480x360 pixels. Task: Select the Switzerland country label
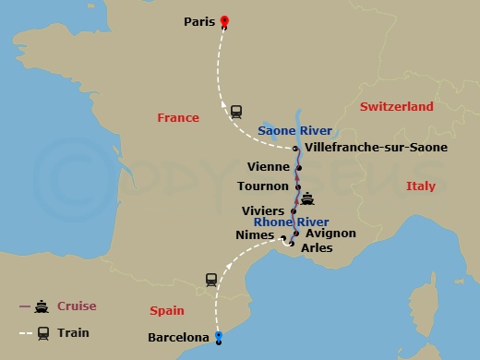[396, 107]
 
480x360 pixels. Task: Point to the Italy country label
[420, 186]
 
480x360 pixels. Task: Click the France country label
[178, 118]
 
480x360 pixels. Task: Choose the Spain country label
[167, 311]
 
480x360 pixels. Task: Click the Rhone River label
[292, 222]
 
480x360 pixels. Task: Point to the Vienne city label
[270, 167]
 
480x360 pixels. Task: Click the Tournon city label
[263, 186]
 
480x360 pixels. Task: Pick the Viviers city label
[263, 211]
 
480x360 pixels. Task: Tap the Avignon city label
[330, 234]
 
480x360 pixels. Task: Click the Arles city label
[317, 247]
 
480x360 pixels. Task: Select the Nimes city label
[255, 235]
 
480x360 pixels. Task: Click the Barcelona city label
[178, 338]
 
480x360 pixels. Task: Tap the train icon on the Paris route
[236, 111]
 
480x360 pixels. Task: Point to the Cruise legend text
[77, 306]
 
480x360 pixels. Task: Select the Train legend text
[73, 332]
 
